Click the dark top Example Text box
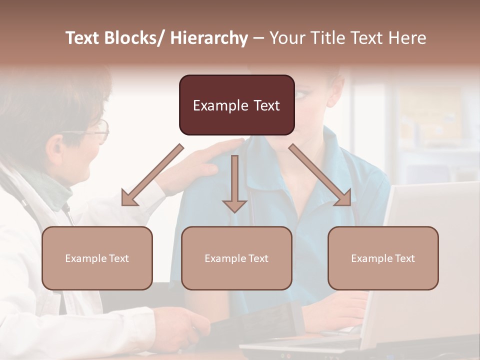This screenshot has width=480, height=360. pyautogui.click(x=236, y=105)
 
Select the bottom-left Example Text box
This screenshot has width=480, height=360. pyautogui.click(x=97, y=258)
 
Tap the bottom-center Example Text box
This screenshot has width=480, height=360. pyautogui.click(x=236, y=258)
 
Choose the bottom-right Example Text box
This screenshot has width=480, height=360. pyautogui.click(x=383, y=258)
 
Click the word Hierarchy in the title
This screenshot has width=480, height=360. pyautogui.click(x=209, y=38)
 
